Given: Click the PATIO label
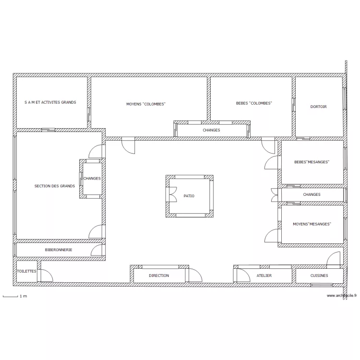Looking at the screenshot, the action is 189,196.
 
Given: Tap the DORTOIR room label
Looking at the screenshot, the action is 318,107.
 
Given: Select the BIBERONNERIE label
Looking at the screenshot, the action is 59,250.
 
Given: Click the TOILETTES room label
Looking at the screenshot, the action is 26,271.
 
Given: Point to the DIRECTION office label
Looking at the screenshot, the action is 159,276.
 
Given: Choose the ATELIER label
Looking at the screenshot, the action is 264,276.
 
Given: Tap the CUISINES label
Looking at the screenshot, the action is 319,276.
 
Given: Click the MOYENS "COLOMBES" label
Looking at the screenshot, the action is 146,104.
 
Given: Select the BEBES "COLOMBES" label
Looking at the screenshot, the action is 254,103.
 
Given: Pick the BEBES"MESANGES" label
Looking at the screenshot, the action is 312,162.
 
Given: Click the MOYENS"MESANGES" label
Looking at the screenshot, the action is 312,224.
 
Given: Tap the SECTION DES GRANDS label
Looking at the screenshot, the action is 55,186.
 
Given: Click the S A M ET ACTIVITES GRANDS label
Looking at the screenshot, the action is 50,102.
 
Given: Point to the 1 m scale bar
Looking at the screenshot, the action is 11,297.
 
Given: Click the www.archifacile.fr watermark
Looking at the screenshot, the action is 342,296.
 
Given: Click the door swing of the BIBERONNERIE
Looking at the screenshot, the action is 96,250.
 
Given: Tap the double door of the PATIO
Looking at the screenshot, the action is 171,194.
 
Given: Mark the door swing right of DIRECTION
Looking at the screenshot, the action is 195,276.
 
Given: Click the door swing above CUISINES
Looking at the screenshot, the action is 334,258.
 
